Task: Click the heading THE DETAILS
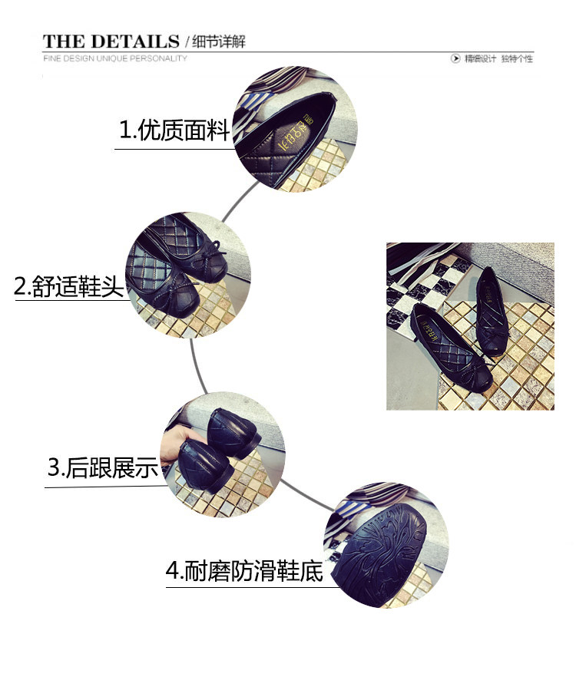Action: point(110,41)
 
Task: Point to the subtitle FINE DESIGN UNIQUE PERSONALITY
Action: point(115,58)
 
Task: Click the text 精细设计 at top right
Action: point(479,58)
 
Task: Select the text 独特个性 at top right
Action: point(517,58)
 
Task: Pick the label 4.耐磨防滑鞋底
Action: point(244,572)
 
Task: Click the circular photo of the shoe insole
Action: point(296,130)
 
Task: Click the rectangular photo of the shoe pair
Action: point(469,326)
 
